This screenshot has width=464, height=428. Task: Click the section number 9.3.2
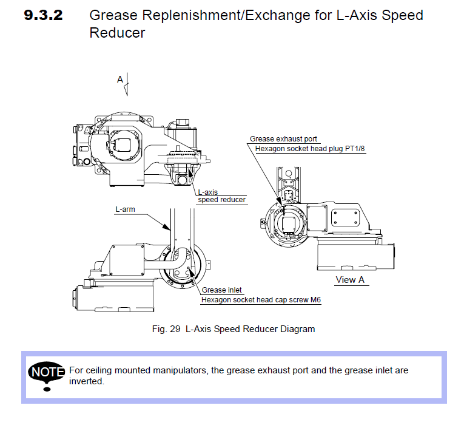tap(43, 16)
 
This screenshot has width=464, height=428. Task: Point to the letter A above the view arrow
tap(120, 79)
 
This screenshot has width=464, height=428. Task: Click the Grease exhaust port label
tap(284, 139)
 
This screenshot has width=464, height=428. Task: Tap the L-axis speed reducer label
tap(221, 196)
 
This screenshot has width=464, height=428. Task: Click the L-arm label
tap(126, 209)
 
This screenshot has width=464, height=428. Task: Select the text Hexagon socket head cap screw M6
tap(261, 300)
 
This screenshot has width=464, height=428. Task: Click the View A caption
tap(350, 280)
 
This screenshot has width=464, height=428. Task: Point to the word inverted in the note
tap(87, 381)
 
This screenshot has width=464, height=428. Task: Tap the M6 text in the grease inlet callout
tap(315, 300)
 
